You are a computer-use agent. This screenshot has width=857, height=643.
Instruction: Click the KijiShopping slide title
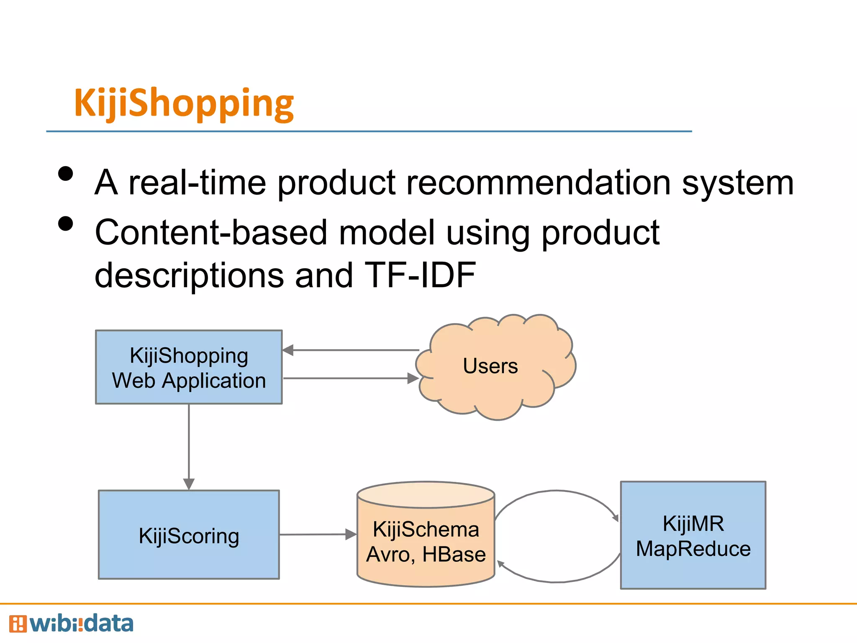click(184, 103)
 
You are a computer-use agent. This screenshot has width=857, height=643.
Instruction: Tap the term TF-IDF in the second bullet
click(420, 275)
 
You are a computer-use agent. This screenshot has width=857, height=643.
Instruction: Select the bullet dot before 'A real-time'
click(66, 174)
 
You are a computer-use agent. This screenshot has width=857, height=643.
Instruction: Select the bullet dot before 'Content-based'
click(66, 224)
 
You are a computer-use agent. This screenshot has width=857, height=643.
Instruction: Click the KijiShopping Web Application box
click(189, 367)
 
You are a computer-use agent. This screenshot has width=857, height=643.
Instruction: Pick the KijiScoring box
click(189, 535)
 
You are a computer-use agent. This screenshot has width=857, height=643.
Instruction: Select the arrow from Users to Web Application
click(352, 350)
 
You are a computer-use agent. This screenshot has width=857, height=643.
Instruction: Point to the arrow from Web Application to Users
click(352, 378)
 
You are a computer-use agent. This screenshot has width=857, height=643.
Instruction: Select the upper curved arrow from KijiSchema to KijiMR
click(557, 491)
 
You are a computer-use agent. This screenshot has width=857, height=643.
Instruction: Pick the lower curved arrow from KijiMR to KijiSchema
click(557, 581)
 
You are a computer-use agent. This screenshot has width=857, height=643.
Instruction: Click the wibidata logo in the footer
click(71, 624)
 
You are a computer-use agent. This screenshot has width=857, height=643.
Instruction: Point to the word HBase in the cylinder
click(454, 555)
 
